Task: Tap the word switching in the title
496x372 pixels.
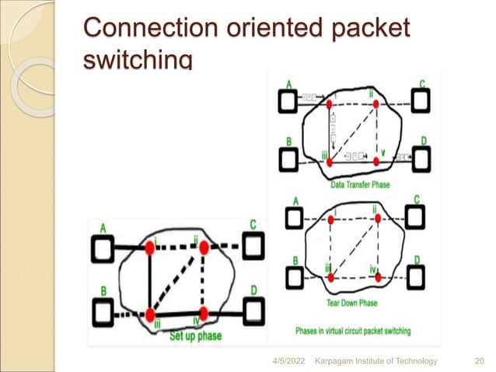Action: point(137,59)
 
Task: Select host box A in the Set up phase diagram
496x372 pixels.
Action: point(103,248)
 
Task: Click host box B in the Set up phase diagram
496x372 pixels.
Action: point(103,314)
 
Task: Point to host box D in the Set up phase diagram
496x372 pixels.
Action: point(253,311)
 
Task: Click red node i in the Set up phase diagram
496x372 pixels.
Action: point(149,247)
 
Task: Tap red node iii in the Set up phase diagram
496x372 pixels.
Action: point(149,315)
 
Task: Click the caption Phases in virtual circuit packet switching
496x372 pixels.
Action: point(354,331)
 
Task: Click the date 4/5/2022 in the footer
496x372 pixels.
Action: point(288,360)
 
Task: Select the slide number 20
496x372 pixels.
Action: point(479,360)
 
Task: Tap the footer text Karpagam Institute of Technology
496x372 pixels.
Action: point(375,360)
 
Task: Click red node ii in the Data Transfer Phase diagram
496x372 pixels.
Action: point(376,103)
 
